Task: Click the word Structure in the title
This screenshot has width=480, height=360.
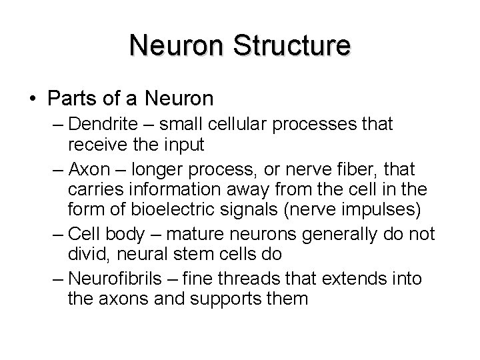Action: tap(293, 45)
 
